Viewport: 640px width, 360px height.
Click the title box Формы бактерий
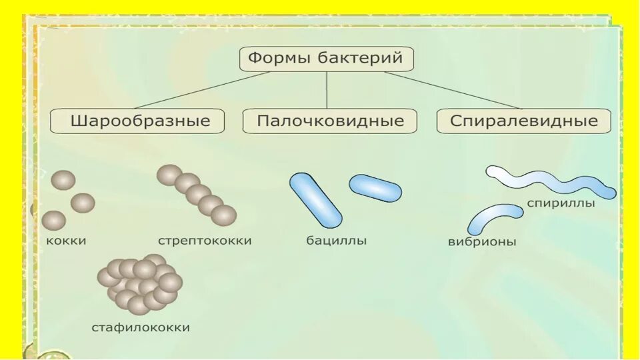coord(326,59)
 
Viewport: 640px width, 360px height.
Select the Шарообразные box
coord(138,121)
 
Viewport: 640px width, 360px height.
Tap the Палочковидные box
coord(330,121)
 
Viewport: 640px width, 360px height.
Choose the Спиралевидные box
coord(523,121)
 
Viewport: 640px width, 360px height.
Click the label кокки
coord(67,241)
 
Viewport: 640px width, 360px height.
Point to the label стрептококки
coord(205,241)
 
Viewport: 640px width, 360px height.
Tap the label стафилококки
coord(141,327)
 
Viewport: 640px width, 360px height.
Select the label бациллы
coord(337,241)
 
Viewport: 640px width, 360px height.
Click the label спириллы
coord(560,203)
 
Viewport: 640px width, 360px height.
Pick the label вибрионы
coord(482,242)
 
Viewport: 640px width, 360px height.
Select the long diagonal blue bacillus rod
coord(315,200)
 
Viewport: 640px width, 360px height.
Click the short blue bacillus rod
coord(375,188)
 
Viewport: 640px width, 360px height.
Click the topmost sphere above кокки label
coord(63,180)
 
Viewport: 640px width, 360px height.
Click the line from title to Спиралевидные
coord(453,90)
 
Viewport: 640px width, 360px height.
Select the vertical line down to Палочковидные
coord(327,90)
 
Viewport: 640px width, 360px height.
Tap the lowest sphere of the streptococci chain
coord(223,215)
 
